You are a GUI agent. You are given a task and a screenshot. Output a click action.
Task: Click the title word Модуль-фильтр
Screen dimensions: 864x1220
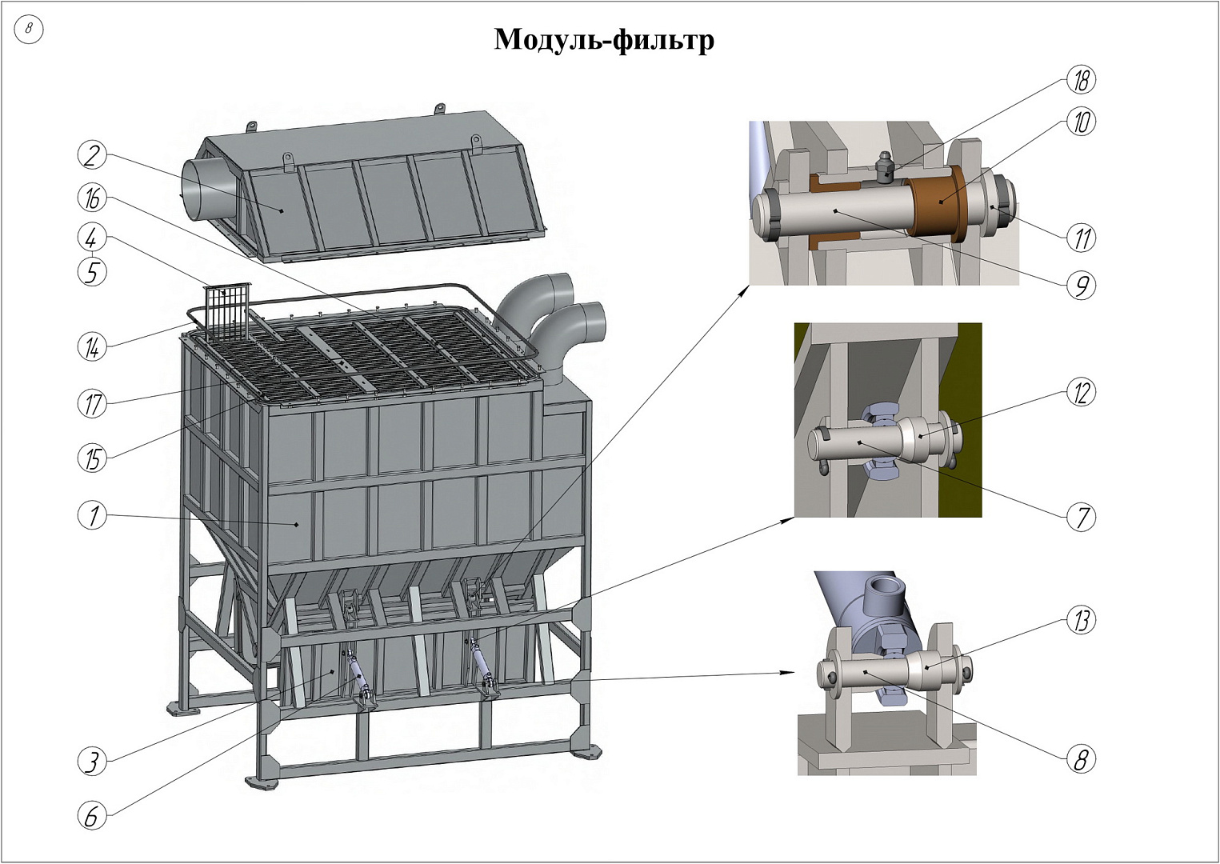[x=604, y=40]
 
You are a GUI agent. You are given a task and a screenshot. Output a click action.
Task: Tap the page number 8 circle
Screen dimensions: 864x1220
[x=29, y=30]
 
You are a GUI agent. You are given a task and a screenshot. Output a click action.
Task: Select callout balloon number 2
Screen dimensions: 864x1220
[x=93, y=154]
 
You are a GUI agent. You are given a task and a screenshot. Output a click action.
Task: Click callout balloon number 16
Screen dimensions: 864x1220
[x=93, y=198]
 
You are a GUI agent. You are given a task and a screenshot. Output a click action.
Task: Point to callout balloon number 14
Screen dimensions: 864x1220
[x=93, y=347]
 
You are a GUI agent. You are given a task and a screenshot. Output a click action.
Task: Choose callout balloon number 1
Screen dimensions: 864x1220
[x=93, y=515]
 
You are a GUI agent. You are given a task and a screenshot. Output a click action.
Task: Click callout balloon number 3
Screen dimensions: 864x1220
[x=93, y=761]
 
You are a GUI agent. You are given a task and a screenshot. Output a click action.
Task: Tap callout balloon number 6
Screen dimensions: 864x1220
[x=93, y=816]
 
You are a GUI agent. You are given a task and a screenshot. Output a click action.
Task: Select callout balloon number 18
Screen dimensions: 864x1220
[x=1081, y=80]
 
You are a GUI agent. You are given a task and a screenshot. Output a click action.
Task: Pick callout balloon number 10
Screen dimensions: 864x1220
[x=1081, y=122]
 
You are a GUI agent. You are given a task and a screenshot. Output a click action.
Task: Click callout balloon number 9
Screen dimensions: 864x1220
[x=1081, y=285]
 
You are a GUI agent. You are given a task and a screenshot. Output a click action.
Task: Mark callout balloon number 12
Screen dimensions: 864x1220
[x=1081, y=393]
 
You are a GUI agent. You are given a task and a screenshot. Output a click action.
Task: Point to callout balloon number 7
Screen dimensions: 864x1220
[x=1081, y=517]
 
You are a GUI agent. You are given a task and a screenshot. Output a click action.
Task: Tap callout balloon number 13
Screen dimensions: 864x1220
[x=1081, y=620]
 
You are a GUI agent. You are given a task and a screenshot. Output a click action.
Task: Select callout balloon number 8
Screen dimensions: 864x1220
[x=1081, y=758]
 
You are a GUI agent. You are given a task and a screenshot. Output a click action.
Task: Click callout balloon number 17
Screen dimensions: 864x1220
[x=93, y=403]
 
